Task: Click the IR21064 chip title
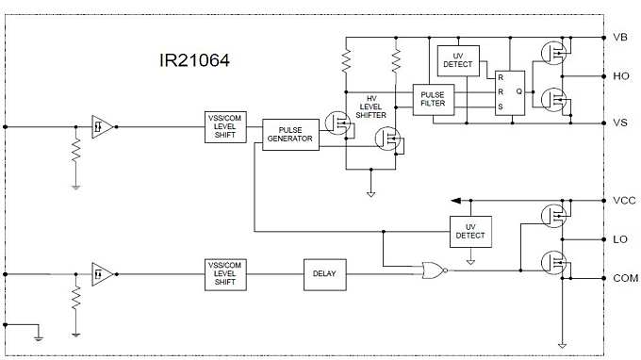194,61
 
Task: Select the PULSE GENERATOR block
290,133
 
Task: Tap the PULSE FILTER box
433,97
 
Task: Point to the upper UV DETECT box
459,60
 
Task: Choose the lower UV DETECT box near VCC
470,230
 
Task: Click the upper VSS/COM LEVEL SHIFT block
224,126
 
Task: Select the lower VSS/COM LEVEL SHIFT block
224,273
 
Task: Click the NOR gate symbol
434,270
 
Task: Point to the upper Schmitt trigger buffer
102,127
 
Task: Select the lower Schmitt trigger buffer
102,274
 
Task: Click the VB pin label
620,38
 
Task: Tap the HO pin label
620,75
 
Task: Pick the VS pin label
620,123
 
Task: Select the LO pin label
620,239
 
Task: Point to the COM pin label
624,278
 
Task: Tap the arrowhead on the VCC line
456,201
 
